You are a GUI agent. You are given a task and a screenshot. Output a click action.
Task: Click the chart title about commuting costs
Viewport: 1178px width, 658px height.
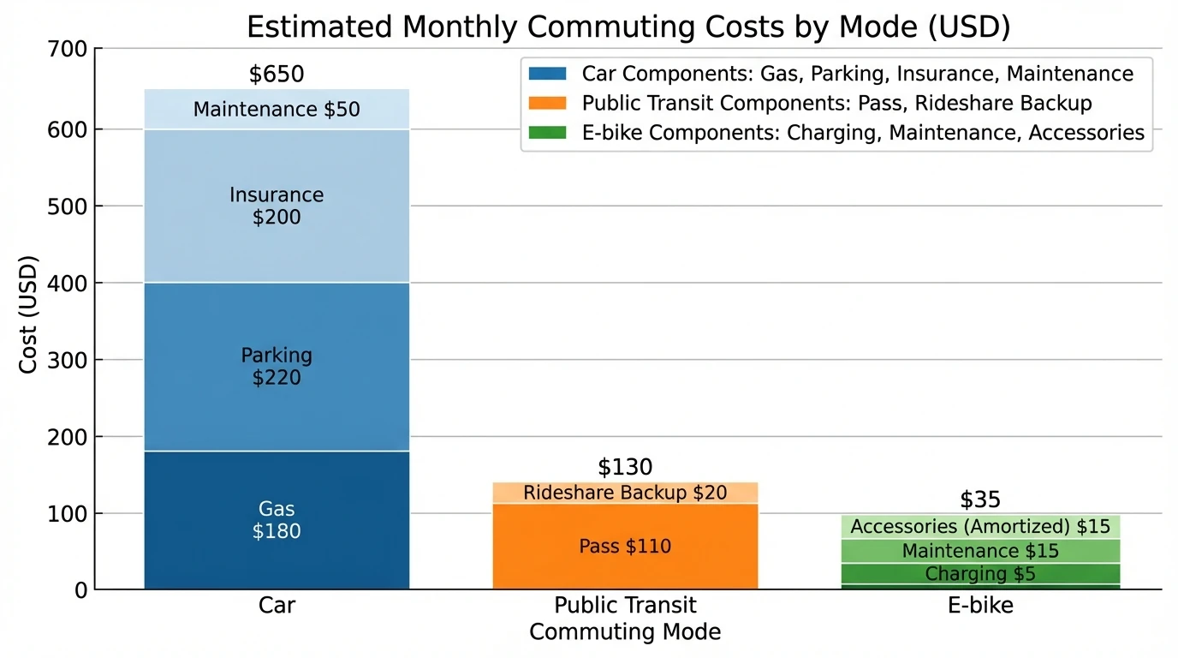tap(628, 27)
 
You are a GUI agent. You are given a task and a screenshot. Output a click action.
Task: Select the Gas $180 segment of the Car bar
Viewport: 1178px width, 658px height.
tap(277, 520)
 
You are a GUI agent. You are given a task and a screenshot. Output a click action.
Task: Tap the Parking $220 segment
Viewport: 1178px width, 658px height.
tap(277, 367)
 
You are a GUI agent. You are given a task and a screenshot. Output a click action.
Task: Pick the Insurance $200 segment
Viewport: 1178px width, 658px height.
tap(277, 206)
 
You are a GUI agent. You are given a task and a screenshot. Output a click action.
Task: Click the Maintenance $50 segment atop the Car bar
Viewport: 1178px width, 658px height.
tap(277, 110)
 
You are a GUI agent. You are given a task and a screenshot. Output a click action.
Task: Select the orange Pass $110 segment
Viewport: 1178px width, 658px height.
tap(625, 547)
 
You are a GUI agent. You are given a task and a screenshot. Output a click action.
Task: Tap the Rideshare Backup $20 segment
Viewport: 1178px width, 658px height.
tap(625, 493)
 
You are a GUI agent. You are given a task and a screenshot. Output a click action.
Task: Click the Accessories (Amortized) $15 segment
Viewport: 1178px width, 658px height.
tap(979, 527)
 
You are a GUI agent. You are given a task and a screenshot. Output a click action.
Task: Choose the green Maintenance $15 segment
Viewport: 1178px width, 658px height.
tap(979, 551)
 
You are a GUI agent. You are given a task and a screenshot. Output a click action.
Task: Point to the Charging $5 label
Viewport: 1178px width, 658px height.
tap(979, 574)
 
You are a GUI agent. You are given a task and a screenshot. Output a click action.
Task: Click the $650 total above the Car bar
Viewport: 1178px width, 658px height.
tap(277, 75)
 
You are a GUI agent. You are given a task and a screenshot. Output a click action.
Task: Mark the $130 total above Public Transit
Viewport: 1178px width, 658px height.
tap(625, 467)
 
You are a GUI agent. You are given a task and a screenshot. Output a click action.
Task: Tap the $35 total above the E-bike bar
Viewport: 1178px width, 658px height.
tap(979, 499)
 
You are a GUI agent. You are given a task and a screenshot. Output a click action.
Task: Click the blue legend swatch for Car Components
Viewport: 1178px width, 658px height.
tap(548, 75)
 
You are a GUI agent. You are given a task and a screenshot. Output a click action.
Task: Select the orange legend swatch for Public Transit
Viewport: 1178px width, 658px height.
tap(548, 104)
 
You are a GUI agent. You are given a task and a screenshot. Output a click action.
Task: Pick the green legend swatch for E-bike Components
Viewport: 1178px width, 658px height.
tap(548, 133)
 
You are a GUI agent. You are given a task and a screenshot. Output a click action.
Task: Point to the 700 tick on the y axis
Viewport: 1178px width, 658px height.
tap(69, 50)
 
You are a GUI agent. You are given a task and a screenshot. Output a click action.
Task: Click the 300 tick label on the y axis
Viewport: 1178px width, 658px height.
tap(69, 360)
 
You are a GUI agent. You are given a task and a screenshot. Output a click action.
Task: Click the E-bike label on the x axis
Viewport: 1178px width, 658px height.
tap(979, 606)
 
